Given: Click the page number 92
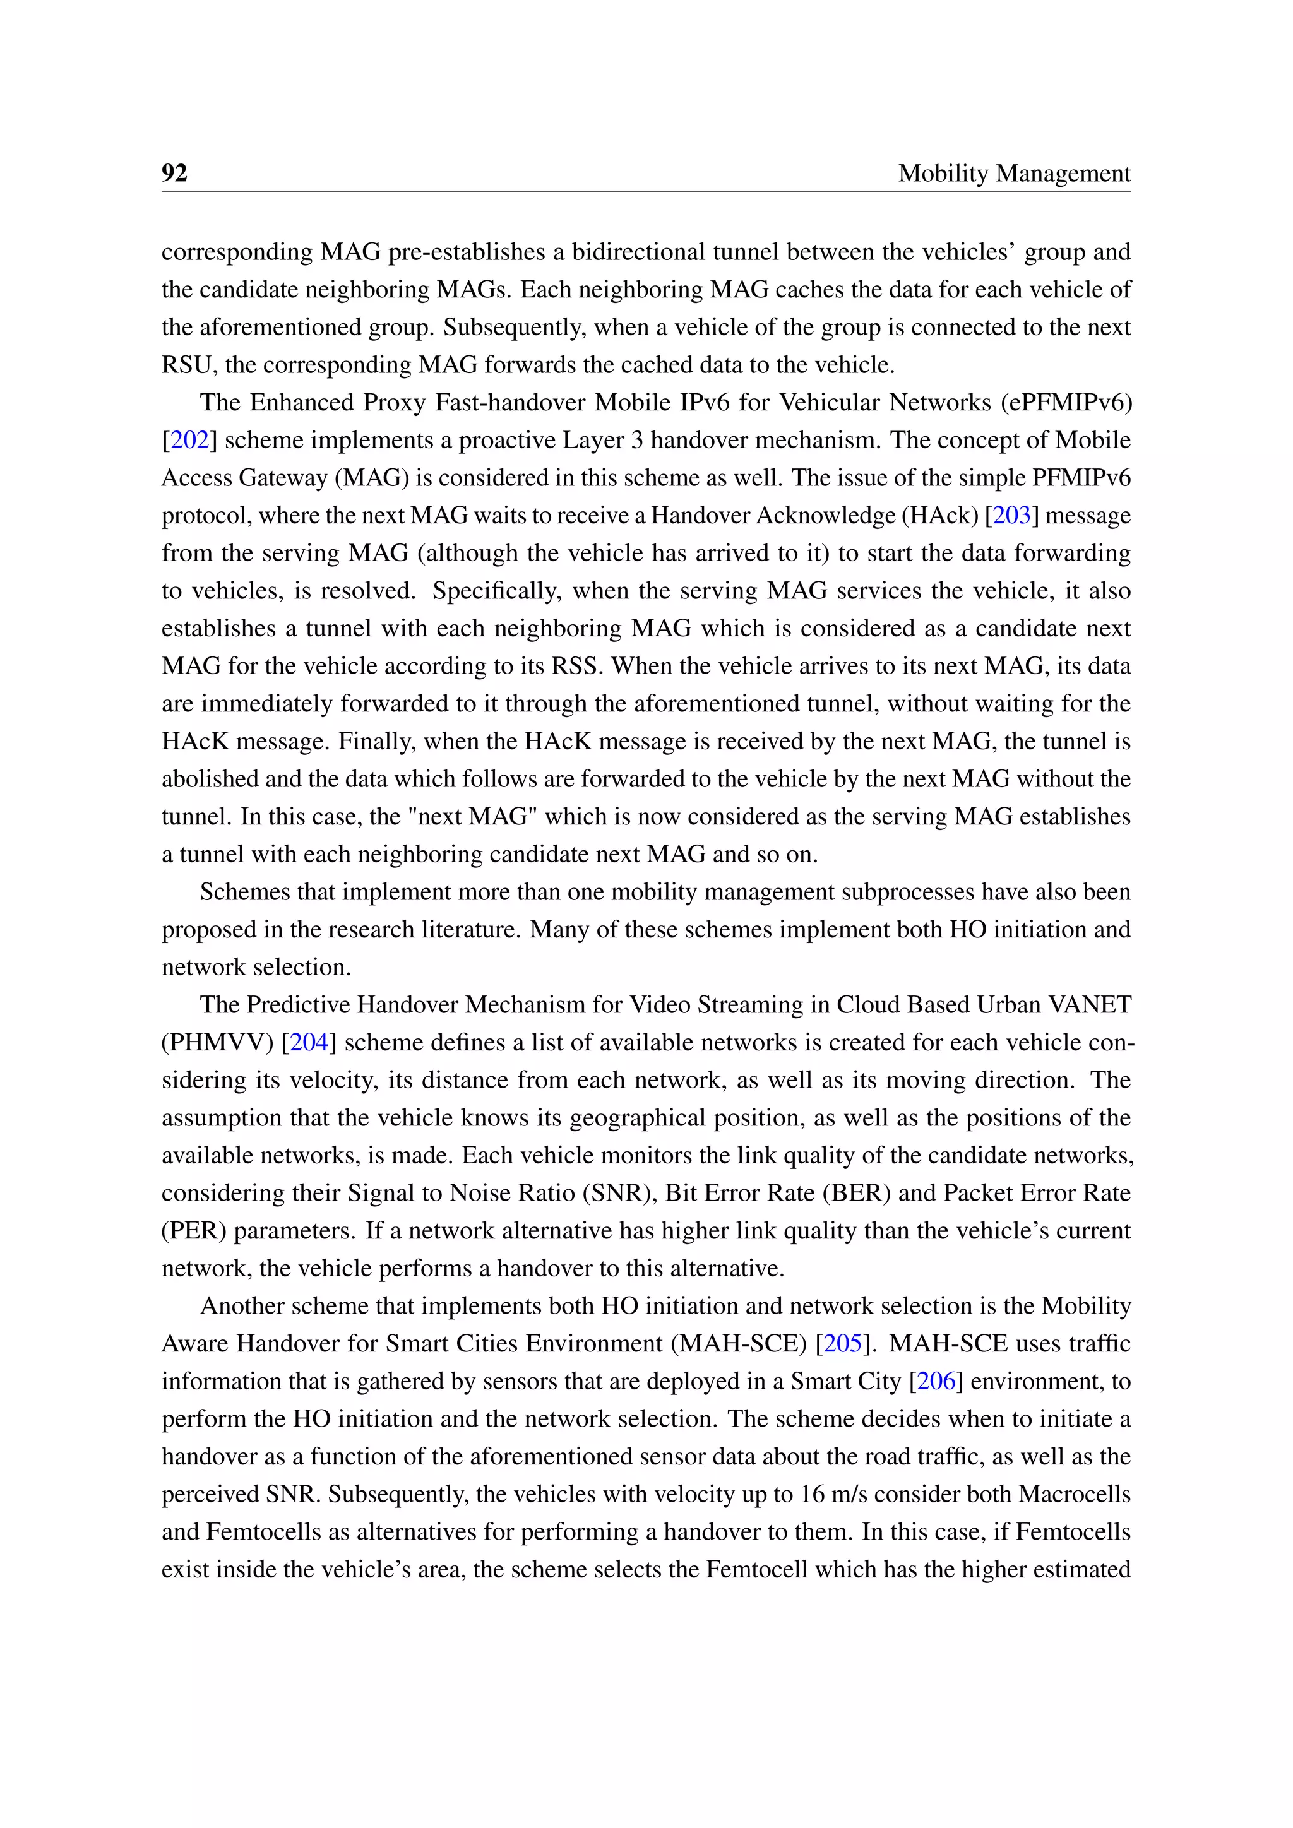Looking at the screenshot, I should [x=174, y=173].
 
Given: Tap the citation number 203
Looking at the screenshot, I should [x=1011, y=515].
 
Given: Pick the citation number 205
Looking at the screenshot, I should [x=843, y=1343].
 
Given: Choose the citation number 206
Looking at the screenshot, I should [x=936, y=1380].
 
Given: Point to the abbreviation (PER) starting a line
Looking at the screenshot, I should [x=193, y=1230].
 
